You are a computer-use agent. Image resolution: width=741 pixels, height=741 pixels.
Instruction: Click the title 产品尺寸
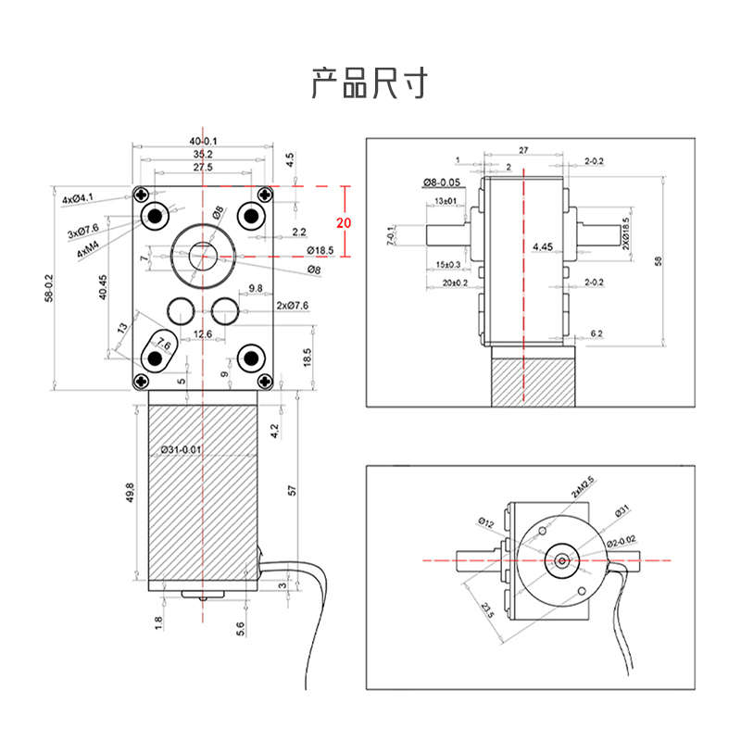click(370, 83)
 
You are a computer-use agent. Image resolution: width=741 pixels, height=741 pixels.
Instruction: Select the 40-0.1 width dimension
click(203, 141)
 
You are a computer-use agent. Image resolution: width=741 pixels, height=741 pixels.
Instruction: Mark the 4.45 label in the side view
click(544, 246)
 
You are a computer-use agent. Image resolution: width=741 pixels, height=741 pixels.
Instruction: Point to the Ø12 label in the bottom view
click(486, 523)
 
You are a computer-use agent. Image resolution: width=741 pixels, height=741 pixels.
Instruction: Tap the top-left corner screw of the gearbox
click(140, 195)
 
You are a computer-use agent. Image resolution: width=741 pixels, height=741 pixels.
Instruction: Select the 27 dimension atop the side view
click(523, 150)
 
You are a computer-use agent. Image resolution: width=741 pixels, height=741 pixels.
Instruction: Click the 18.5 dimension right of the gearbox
click(307, 357)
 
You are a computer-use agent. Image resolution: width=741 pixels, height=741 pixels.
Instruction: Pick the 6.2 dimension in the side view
click(596, 333)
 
